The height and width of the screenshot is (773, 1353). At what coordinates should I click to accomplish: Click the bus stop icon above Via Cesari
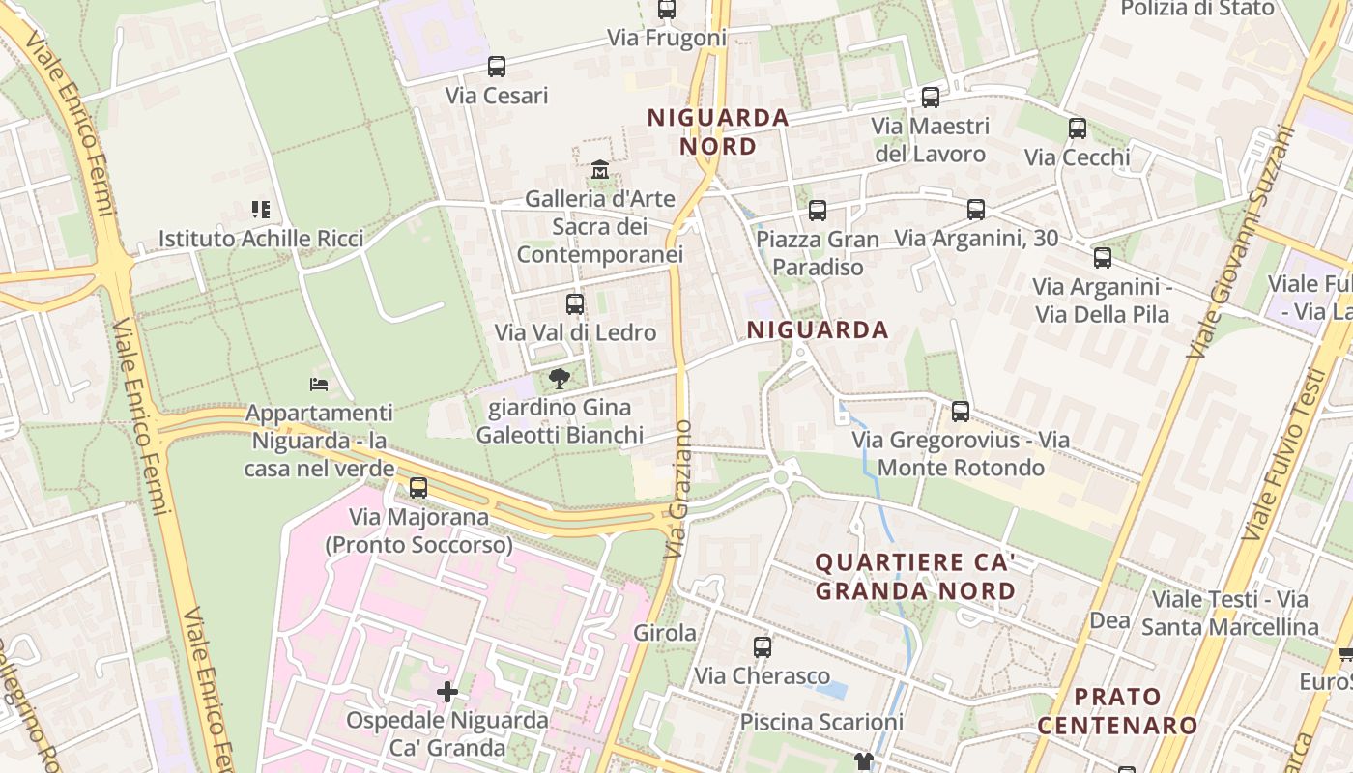(x=497, y=67)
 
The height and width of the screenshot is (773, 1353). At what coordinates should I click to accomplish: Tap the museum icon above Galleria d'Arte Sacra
(x=600, y=170)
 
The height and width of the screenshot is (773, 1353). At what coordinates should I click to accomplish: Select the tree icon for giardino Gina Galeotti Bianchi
(x=559, y=379)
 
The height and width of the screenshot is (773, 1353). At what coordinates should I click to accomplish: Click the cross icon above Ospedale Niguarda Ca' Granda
(x=446, y=692)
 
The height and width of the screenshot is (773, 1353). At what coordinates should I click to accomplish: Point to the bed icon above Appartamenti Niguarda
(x=319, y=384)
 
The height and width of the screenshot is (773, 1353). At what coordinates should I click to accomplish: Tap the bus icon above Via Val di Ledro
(x=575, y=303)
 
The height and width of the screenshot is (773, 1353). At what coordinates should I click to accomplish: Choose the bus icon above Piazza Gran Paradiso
(x=818, y=210)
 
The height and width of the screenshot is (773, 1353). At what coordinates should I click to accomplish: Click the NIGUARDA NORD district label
(x=718, y=132)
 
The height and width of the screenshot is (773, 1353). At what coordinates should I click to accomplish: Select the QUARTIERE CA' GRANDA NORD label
(x=915, y=576)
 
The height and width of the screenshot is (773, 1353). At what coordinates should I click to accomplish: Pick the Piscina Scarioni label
(x=821, y=722)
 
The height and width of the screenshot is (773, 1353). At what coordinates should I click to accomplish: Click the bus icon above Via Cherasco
(x=763, y=647)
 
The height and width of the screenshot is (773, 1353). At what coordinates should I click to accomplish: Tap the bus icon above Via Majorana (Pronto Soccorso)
(x=418, y=488)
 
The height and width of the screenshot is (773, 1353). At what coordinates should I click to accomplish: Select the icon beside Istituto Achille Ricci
(x=260, y=209)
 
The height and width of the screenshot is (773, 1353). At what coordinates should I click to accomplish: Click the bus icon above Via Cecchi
(x=1078, y=128)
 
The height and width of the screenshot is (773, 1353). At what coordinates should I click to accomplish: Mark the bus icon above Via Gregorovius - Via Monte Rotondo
(x=961, y=412)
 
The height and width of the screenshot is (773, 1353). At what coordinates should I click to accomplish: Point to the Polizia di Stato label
(x=1197, y=9)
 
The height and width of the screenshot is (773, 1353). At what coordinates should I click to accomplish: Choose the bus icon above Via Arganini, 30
(x=976, y=209)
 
